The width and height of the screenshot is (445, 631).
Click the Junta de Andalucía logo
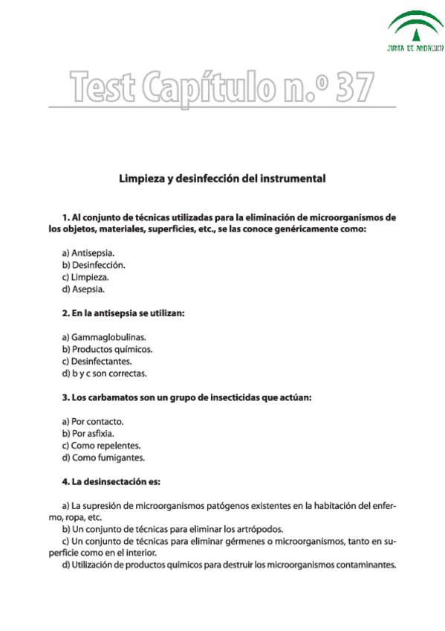(415, 32)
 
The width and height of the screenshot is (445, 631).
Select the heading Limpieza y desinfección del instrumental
(223, 179)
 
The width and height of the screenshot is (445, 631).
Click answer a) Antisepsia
(93, 253)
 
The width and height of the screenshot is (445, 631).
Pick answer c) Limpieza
(88, 277)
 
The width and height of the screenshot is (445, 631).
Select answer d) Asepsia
(84, 289)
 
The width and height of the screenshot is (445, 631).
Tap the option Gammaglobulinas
(104, 337)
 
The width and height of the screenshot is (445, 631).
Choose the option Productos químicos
(108, 349)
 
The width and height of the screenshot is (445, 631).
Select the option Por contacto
(93, 422)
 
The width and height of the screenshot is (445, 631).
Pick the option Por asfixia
(88, 434)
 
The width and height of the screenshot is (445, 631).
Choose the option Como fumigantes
(103, 458)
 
